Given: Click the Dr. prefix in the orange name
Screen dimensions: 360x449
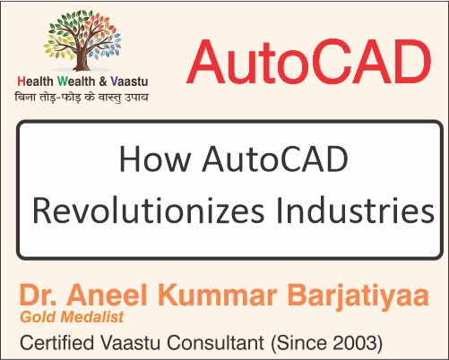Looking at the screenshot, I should coord(41,296).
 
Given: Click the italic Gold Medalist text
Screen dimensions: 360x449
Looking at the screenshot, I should coord(68,318).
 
